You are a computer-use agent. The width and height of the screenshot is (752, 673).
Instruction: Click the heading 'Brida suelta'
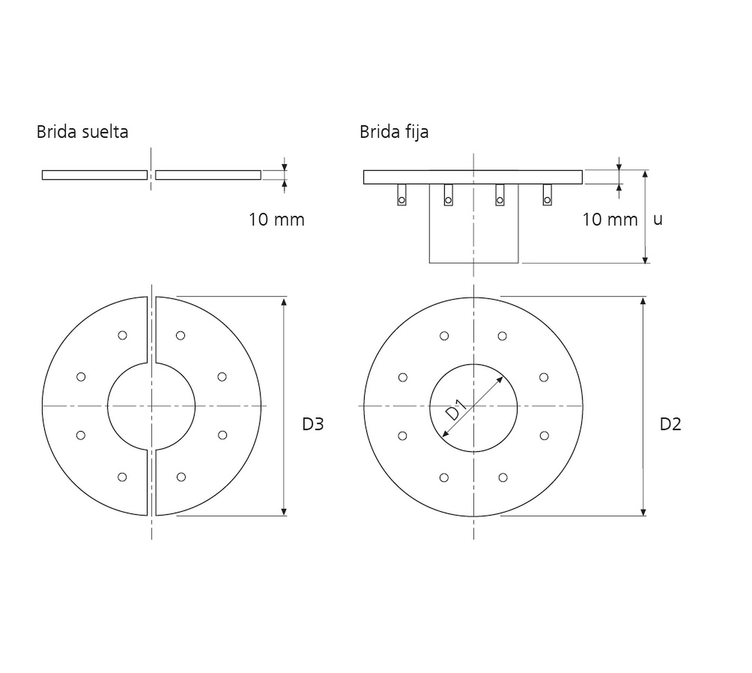tap(82, 132)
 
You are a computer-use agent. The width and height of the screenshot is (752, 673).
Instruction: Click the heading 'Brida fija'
tap(394, 132)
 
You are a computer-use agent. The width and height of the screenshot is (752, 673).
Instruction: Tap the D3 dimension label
tap(313, 424)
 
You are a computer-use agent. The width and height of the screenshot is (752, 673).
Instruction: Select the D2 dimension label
tap(671, 424)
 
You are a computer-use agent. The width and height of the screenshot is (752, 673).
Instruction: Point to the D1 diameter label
tap(456, 410)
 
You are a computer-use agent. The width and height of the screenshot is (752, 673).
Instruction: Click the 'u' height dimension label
tap(658, 219)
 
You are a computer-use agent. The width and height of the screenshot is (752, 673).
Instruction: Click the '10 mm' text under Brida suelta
tap(277, 219)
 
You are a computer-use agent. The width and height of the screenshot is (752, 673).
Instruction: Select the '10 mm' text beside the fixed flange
tap(610, 219)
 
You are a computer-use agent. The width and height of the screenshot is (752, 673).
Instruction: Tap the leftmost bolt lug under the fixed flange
tap(401, 195)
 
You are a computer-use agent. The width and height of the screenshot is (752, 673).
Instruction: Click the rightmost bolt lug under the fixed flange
tap(547, 195)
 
